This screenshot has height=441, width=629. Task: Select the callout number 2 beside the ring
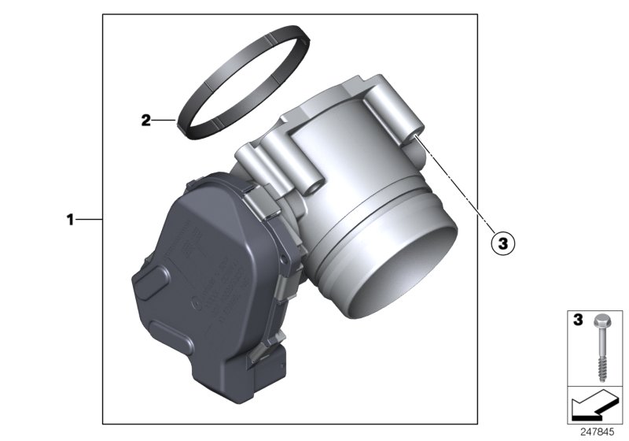pos(145,120)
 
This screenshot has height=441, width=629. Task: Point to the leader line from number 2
pos(164,120)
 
